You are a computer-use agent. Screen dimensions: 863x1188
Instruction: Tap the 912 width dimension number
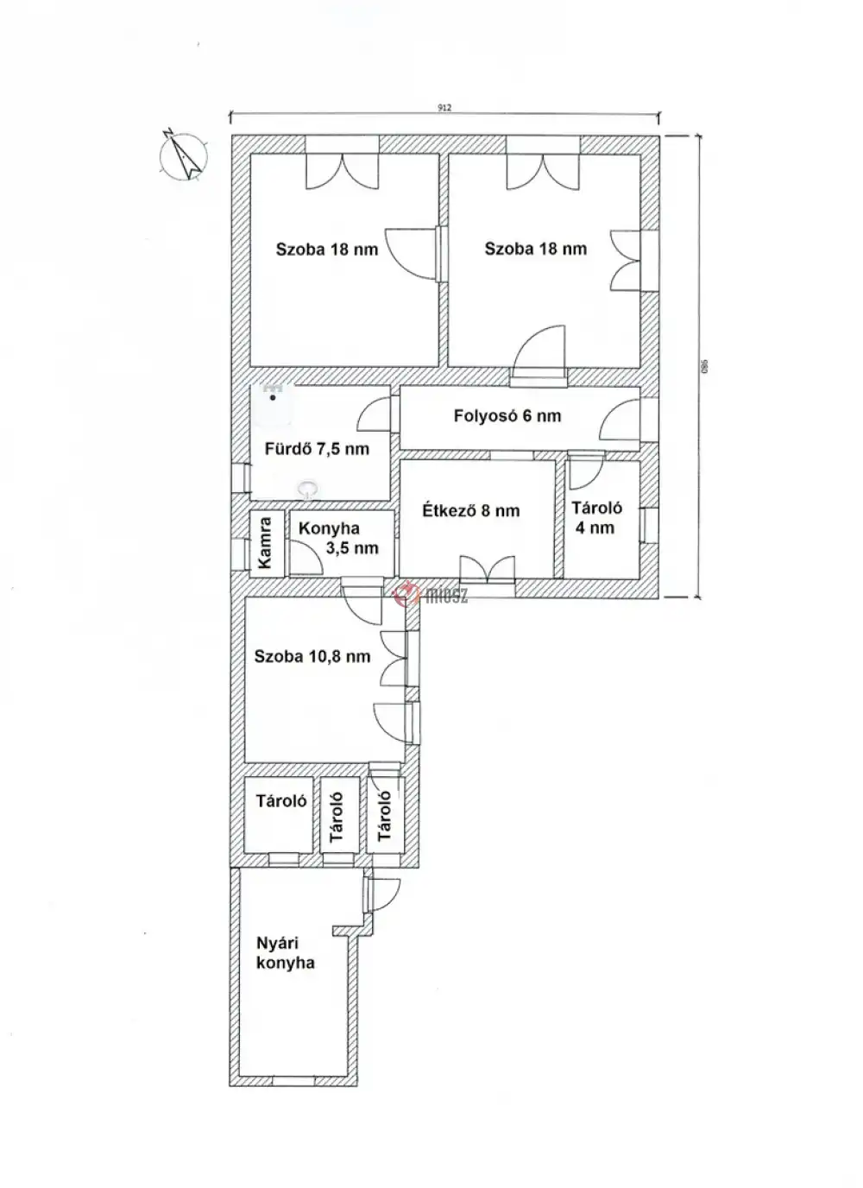pyautogui.click(x=444, y=108)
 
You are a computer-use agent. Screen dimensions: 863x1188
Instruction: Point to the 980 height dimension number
pyautogui.click(x=704, y=366)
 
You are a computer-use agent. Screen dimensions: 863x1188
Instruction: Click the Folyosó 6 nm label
pyautogui.click(x=507, y=416)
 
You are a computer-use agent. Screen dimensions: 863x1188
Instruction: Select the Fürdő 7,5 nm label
pyautogui.click(x=317, y=449)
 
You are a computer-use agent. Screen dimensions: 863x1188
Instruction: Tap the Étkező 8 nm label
pyautogui.click(x=470, y=510)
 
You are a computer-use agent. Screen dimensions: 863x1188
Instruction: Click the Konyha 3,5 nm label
pyautogui.click(x=339, y=538)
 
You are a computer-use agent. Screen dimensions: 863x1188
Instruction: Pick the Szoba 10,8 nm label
pyautogui.click(x=312, y=656)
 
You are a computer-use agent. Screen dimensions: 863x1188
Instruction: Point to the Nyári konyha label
pyautogui.click(x=285, y=952)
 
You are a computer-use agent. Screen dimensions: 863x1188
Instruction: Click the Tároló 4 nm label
pyautogui.click(x=596, y=518)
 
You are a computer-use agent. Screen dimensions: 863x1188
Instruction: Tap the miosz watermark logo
pyautogui.click(x=431, y=595)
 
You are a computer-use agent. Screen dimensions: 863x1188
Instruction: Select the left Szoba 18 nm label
pyautogui.click(x=327, y=250)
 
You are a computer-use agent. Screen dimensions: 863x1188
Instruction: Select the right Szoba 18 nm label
pyautogui.click(x=535, y=249)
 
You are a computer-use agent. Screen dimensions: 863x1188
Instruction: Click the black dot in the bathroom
pyautogui.click(x=273, y=397)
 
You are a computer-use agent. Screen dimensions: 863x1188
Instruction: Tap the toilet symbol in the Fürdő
pyautogui.click(x=307, y=489)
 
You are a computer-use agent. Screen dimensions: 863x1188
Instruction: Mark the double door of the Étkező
pyautogui.click(x=487, y=571)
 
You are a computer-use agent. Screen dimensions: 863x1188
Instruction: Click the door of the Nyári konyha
pyautogui.click(x=382, y=894)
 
